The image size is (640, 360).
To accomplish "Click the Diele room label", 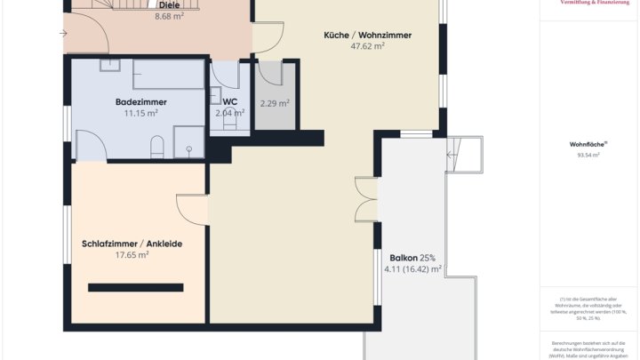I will [169, 4].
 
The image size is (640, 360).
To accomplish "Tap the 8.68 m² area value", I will [169, 16].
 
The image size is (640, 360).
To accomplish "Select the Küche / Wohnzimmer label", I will [368, 35].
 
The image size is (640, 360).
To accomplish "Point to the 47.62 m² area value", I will [368, 46].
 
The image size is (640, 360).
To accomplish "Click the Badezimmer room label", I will [140, 102].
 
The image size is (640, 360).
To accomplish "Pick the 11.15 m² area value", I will [140, 114].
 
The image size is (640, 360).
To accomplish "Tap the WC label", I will [229, 102].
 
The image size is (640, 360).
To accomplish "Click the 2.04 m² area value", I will [229, 114].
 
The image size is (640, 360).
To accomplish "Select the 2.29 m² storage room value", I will [275, 103].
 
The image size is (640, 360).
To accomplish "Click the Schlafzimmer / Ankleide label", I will [132, 243].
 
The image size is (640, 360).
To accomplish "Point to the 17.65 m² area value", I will [132, 254].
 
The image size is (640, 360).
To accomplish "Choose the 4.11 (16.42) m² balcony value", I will [412, 268].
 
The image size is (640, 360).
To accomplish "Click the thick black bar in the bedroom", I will [135, 287].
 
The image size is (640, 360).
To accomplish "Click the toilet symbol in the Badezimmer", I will [157, 145].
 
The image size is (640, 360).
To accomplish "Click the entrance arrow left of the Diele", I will [64, 34].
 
